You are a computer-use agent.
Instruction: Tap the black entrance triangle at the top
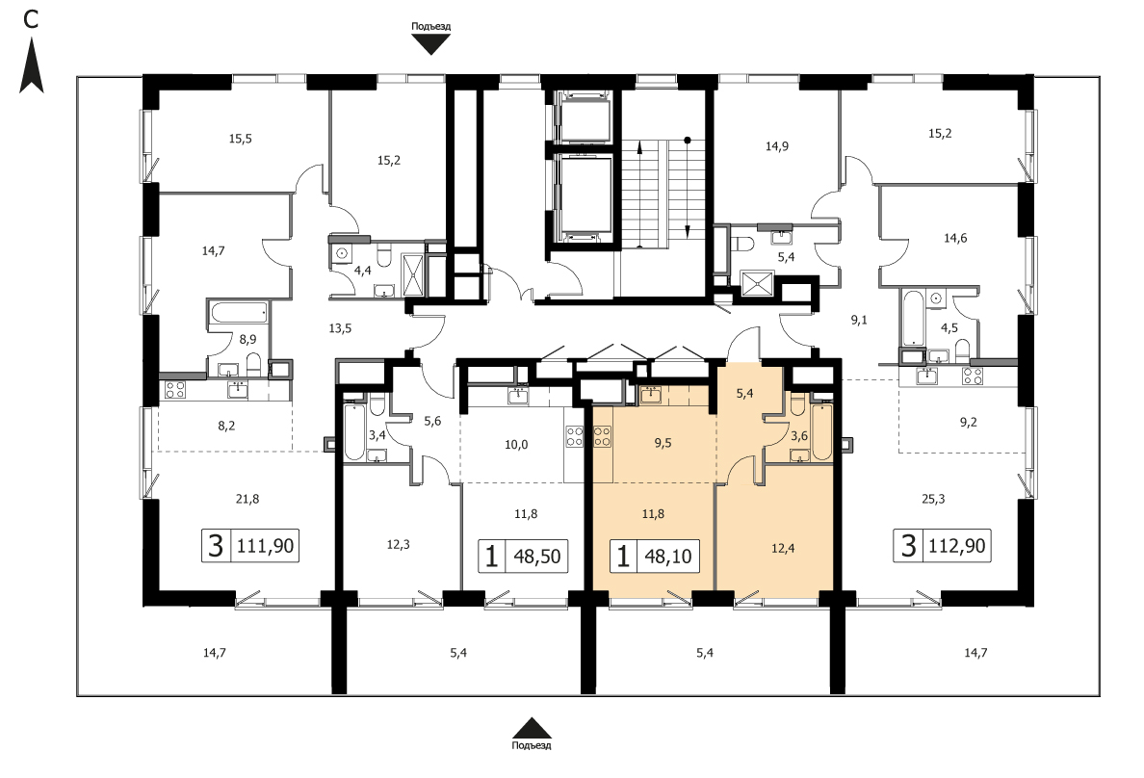[431, 44]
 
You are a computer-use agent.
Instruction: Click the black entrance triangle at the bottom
[532, 728]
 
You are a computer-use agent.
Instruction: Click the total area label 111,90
[266, 546]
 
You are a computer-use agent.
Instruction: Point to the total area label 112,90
[957, 545]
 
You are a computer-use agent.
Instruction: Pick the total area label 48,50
[537, 557]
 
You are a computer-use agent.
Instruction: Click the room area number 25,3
[933, 499]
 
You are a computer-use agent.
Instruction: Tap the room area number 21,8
[247, 499]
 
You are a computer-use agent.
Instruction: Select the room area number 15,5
[240, 138]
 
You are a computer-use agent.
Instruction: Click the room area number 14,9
[777, 146]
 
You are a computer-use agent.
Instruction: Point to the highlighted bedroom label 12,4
[783, 548]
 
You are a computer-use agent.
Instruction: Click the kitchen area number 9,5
[663, 443]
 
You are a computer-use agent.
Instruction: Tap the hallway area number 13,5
[340, 328]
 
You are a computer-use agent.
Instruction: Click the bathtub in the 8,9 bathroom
[238, 315]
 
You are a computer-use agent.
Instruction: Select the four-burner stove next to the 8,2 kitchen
[175, 389]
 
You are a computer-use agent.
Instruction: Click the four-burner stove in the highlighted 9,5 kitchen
[603, 436]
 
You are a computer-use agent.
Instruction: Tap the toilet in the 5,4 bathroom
[743, 243]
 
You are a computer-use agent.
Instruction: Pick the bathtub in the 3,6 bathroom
[821, 432]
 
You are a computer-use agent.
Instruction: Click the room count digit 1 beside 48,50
[492, 557]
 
